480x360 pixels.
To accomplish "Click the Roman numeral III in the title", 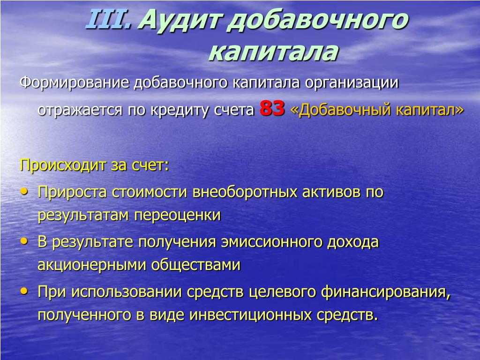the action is click(108, 20).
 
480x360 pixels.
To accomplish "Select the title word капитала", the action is click(273, 52).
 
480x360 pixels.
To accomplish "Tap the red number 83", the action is click(272, 108).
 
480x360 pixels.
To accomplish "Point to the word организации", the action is click(352, 83).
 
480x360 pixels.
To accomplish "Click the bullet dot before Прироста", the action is click(24, 192).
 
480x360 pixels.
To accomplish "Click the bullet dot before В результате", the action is click(24, 241).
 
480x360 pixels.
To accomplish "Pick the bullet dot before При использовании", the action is click(24, 291).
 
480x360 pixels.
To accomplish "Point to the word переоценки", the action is click(177, 215).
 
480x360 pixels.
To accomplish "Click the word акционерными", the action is click(91, 265).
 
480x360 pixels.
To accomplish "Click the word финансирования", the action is click(386, 292).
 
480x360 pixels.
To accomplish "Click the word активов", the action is click(331, 192).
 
